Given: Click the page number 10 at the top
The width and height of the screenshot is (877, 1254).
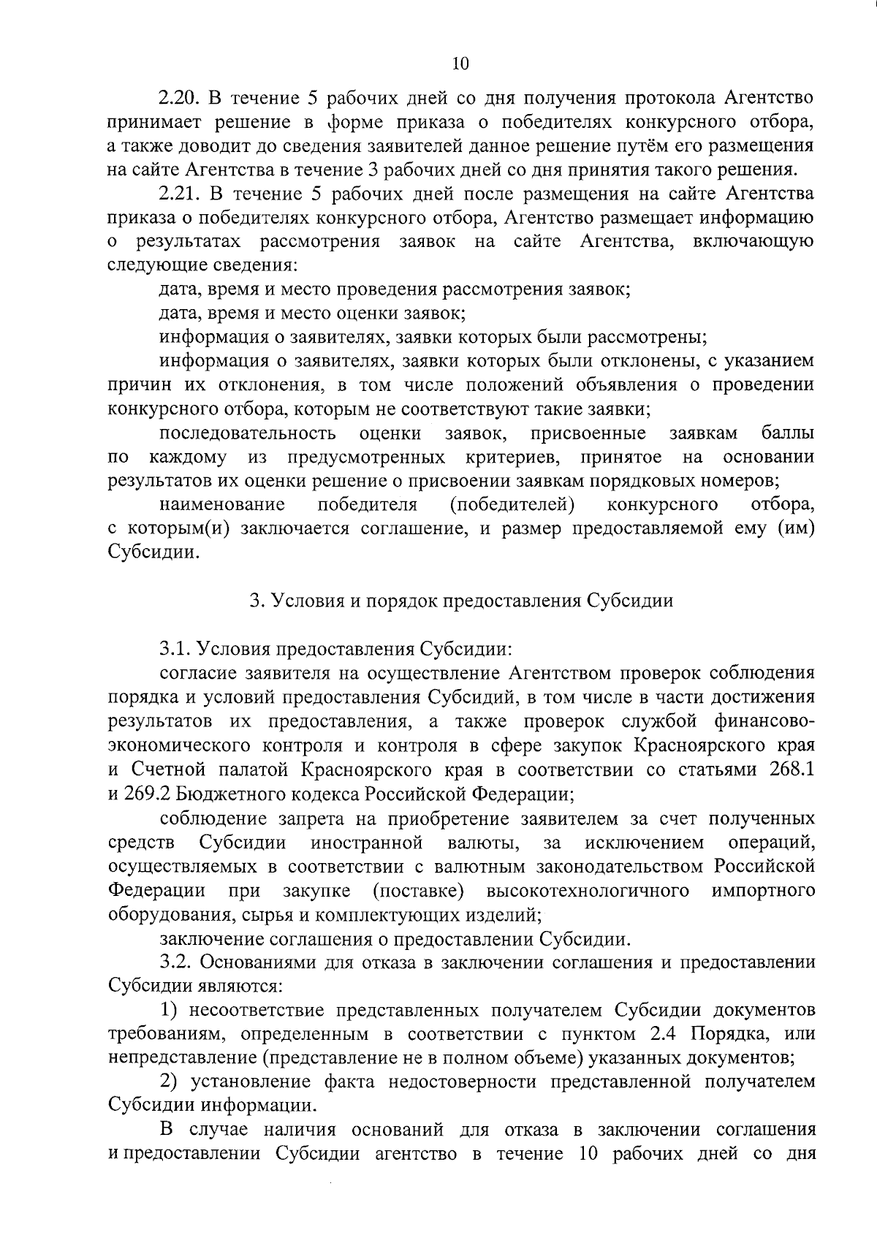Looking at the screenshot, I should (460, 64).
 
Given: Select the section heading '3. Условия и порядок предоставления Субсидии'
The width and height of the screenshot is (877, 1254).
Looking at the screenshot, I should (460, 601).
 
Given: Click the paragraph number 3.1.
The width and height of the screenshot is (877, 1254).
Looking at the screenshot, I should (175, 649).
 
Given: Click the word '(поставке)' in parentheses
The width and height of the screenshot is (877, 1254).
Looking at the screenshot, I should (419, 891).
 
